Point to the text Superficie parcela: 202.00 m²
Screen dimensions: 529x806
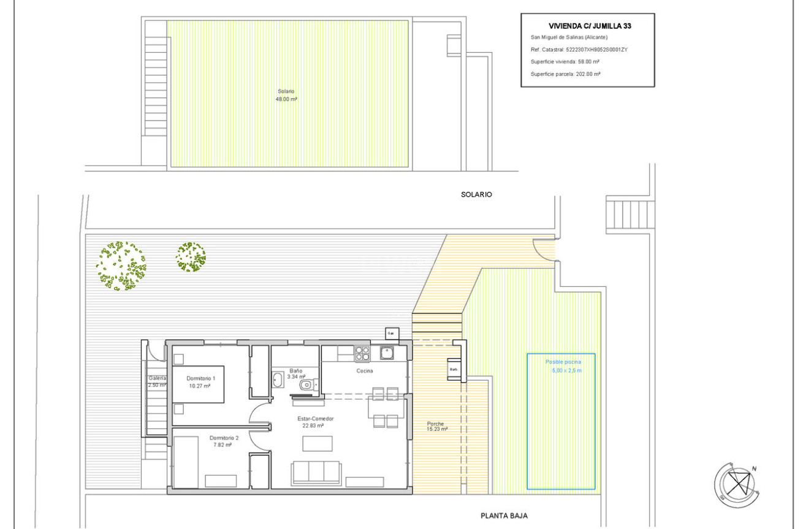point(565,74)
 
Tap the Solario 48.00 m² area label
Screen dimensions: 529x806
point(286,95)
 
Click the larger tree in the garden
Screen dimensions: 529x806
point(121,265)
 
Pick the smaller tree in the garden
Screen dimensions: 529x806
point(191,257)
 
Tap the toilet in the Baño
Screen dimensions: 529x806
point(307,384)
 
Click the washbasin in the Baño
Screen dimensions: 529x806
point(278,380)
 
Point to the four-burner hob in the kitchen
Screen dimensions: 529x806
point(362,353)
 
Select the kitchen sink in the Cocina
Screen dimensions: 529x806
point(387,352)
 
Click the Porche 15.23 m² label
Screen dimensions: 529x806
point(436,427)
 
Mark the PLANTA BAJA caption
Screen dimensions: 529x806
point(504,516)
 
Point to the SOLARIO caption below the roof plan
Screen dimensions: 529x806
point(476,194)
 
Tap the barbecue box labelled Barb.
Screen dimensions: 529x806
point(454,370)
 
